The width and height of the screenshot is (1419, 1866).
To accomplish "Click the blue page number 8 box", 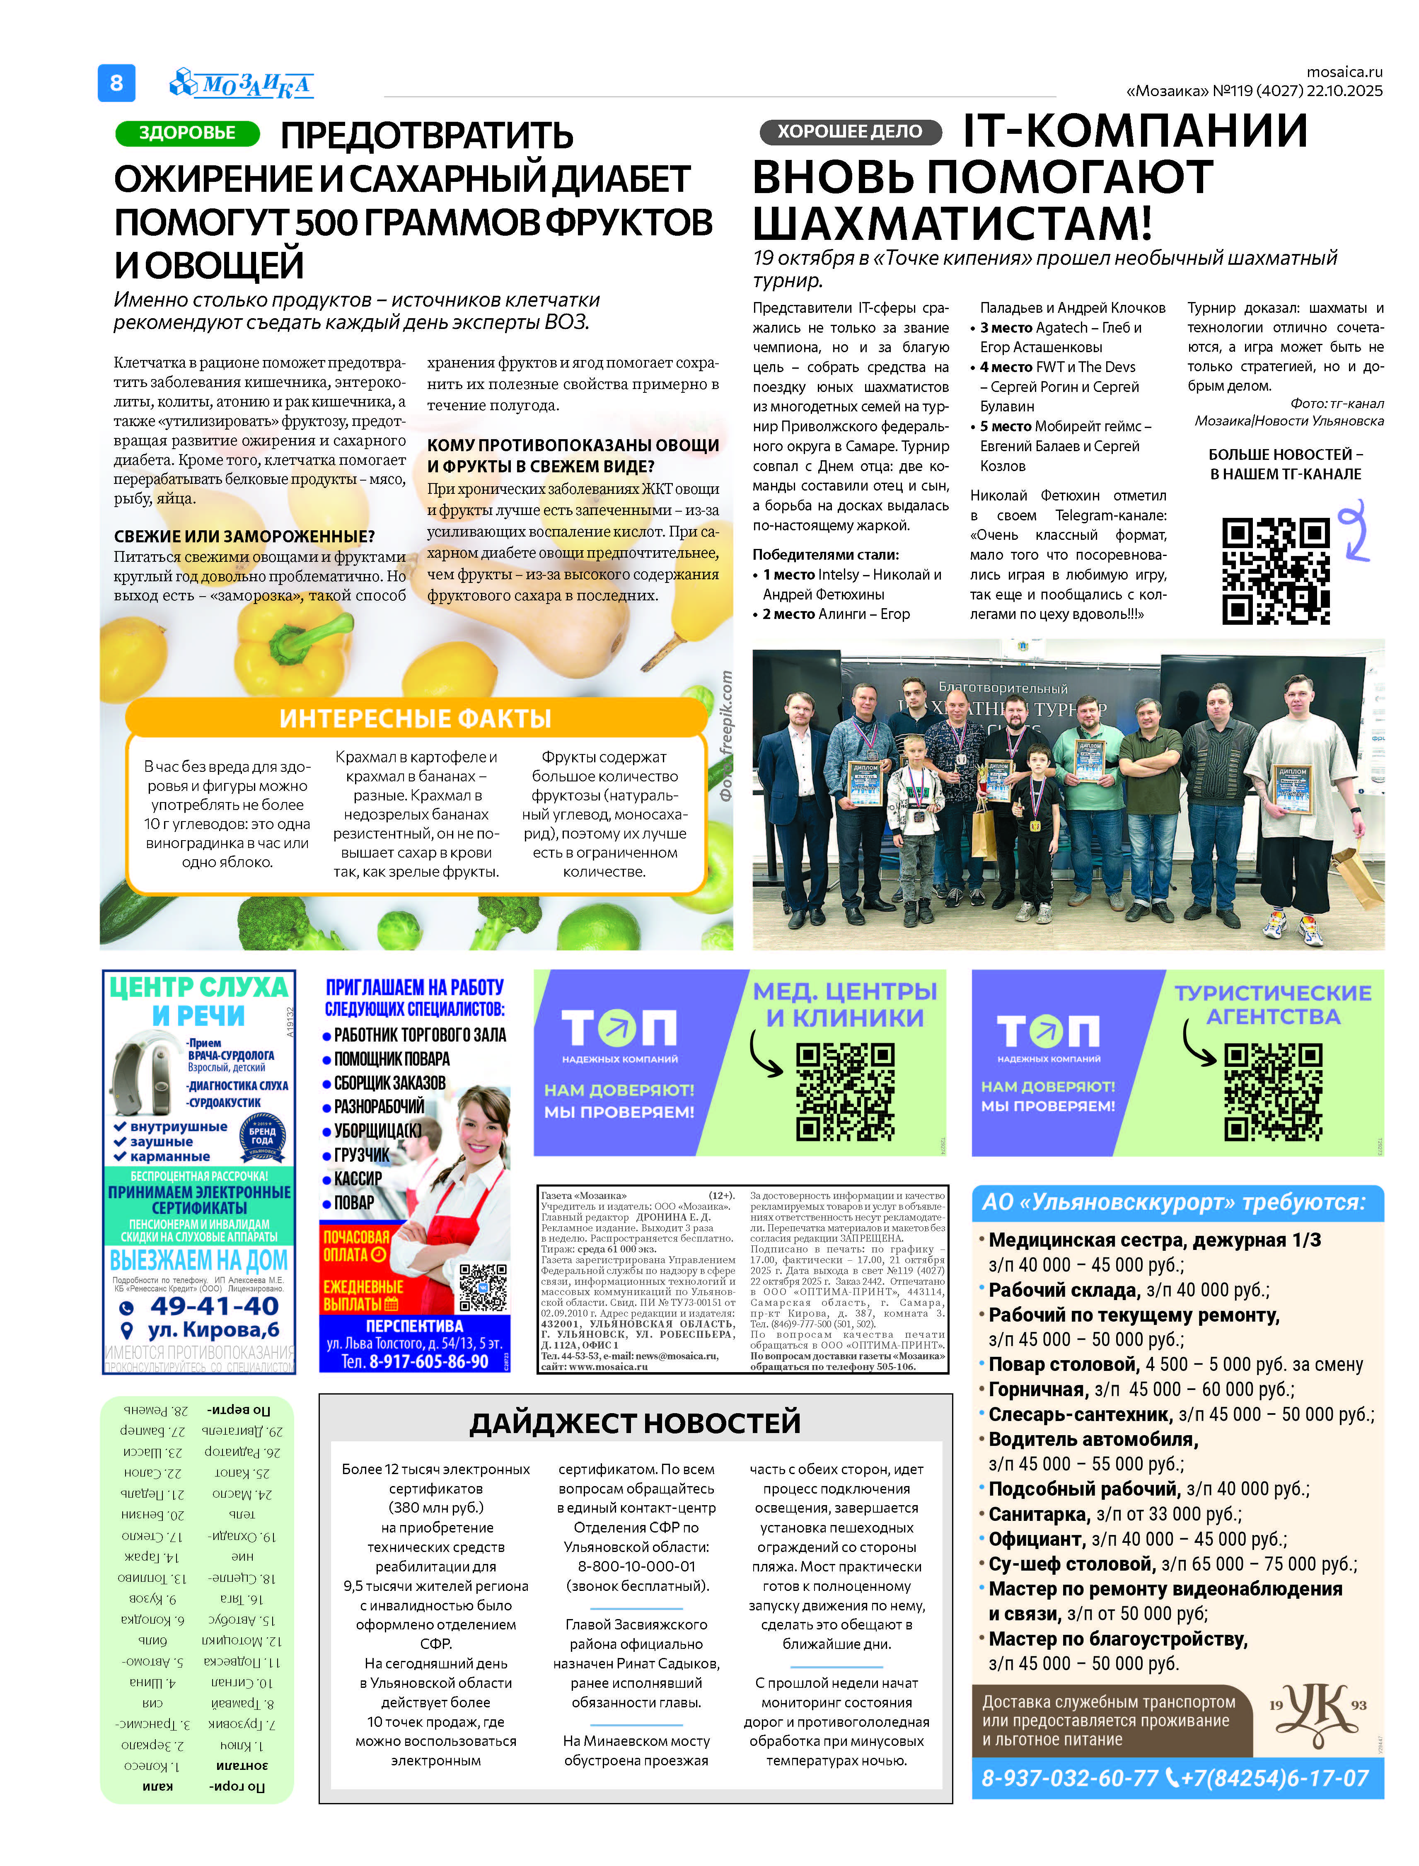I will [116, 83].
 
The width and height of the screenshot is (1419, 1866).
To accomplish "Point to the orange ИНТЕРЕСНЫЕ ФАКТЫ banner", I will [416, 718].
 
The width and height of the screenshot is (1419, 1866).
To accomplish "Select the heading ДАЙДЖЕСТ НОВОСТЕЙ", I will [635, 1423].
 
